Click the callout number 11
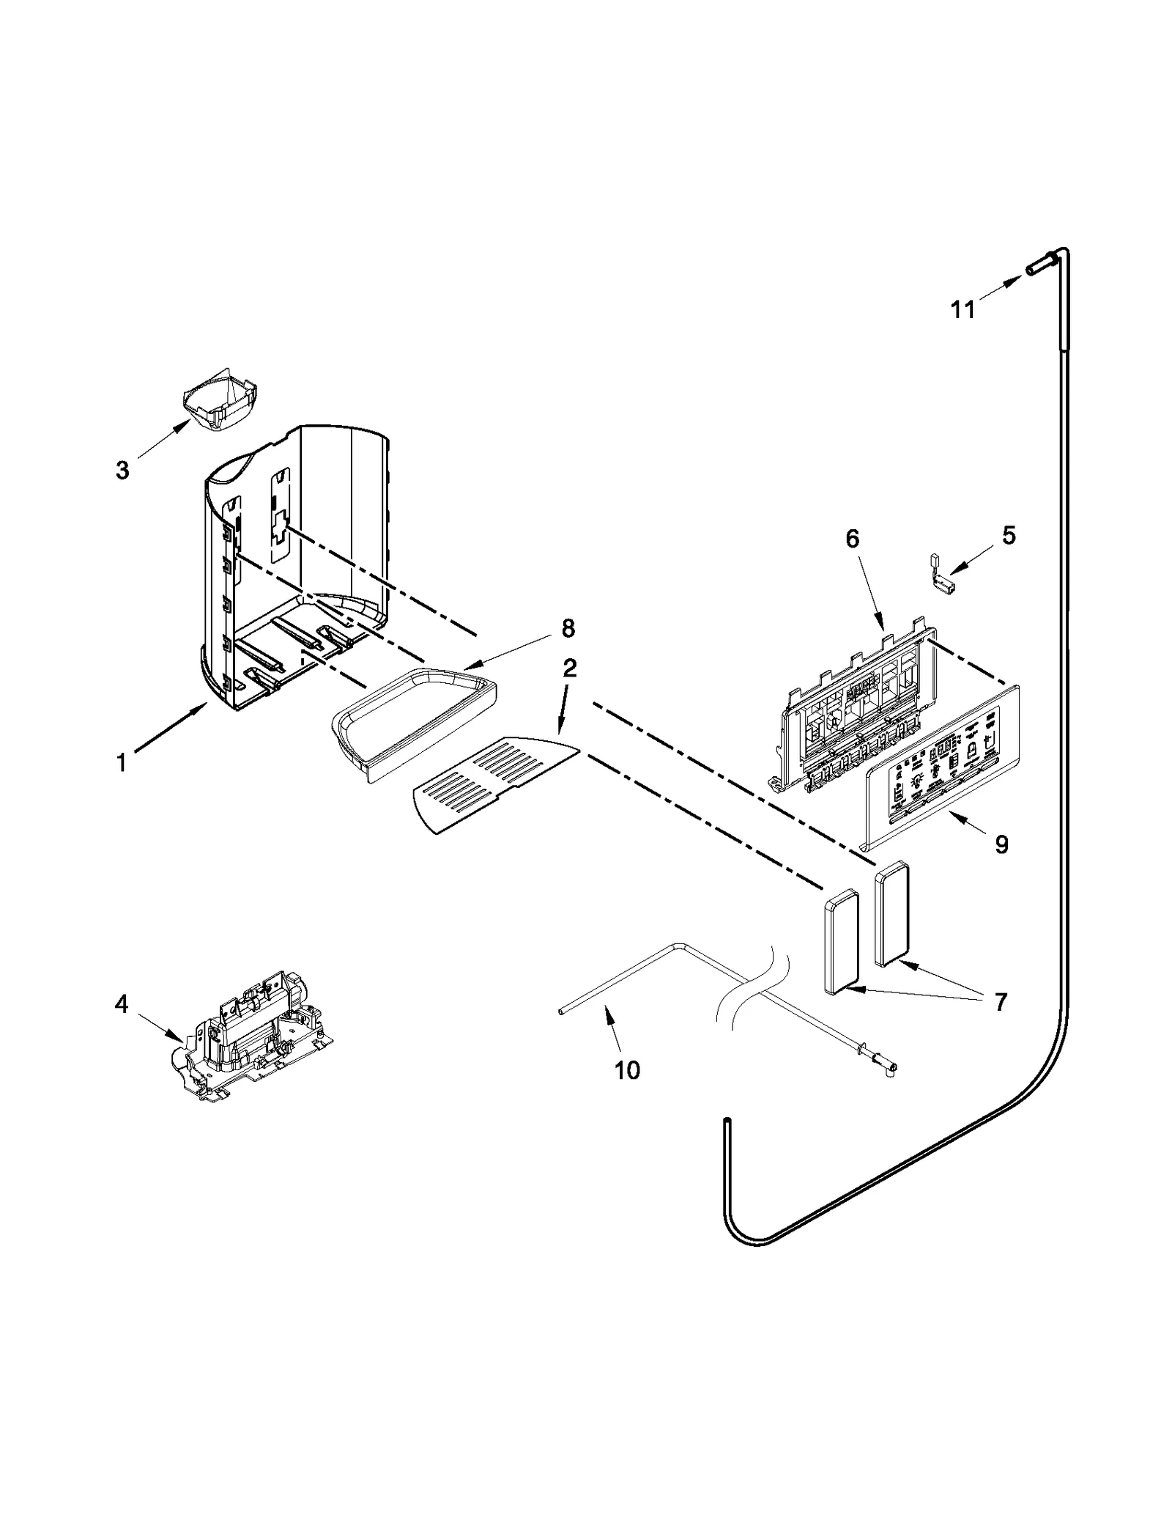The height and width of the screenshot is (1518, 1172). [x=963, y=310]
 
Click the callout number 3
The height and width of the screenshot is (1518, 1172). [x=122, y=470]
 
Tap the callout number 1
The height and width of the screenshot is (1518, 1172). [x=122, y=763]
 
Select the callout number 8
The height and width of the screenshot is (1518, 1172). [x=568, y=628]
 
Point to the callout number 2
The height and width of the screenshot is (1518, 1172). [x=569, y=668]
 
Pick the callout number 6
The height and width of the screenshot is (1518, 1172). [x=852, y=539]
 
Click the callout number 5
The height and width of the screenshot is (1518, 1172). [x=1009, y=536]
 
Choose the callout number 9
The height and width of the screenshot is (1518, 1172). [x=1001, y=845]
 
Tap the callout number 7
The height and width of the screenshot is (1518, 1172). [x=1000, y=1001]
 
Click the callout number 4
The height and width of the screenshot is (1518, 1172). [x=122, y=1003]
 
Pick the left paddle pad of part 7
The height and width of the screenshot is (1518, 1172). [x=841, y=940]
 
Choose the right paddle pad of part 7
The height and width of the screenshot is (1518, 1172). [x=891, y=913]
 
